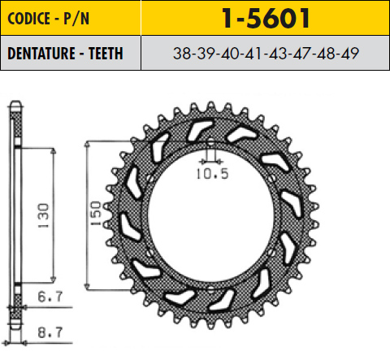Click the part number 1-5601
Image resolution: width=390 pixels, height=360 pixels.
coord(266,18)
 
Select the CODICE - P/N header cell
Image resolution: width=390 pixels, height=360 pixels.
coord(71,18)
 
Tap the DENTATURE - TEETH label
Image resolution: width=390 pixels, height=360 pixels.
coord(65,53)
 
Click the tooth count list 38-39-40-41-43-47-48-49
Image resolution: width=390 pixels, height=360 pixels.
coord(266,53)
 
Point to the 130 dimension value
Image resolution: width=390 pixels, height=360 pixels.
coord(43,215)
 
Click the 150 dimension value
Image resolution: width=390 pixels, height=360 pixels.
coord(96,214)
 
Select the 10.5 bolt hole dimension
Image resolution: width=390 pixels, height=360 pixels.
coord(213,174)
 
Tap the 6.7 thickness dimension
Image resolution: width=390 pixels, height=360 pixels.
coord(50,297)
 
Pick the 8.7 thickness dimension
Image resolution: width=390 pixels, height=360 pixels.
coord(50,332)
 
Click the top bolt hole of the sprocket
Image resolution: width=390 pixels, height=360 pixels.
coord(210,142)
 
